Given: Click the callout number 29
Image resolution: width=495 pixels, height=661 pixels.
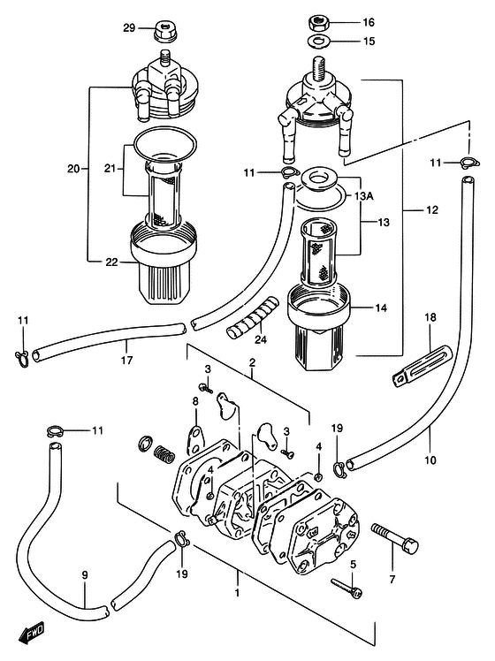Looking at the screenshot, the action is [x=129, y=27].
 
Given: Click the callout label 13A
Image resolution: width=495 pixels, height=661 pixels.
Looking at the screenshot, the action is [x=364, y=196].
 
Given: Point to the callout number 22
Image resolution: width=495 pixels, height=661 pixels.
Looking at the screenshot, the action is [x=111, y=262].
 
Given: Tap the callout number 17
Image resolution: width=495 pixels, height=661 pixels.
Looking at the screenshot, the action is [x=126, y=360].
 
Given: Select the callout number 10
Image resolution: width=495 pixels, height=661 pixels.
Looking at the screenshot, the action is [x=430, y=460].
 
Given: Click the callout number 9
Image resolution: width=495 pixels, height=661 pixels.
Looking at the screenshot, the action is [x=85, y=574].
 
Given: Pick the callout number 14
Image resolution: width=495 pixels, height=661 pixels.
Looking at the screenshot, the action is [x=381, y=308].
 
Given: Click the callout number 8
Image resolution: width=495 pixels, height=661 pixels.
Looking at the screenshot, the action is [x=195, y=401].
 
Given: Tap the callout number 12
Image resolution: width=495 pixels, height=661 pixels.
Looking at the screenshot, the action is [x=432, y=210].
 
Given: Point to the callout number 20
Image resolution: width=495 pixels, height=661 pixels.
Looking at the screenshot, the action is [x=73, y=169].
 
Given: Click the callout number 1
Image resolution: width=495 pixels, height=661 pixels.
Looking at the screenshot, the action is [x=238, y=592].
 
